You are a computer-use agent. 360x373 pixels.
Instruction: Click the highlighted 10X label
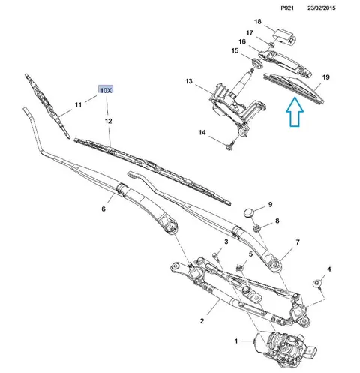pyautogui.click(x=106, y=89)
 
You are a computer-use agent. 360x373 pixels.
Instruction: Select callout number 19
pyautogui.click(x=326, y=77)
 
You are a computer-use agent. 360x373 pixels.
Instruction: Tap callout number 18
pyautogui.click(x=258, y=21)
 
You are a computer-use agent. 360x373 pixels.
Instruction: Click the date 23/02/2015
pyautogui.click(x=322, y=8)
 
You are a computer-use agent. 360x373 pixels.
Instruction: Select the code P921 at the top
pyautogui.click(x=287, y=8)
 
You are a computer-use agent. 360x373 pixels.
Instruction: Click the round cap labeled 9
pyautogui.click(x=249, y=212)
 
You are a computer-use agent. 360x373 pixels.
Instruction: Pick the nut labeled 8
pyautogui.click(x=256, y=227)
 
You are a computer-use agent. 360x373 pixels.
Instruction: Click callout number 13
pyautogui.click(x=189, y=81)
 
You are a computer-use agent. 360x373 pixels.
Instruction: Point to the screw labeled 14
pyautogui.click(x=230, y=146)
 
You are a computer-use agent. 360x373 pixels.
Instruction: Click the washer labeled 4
pyautogui.click(x=318, y=284)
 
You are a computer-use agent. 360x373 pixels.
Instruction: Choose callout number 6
pyautogui.click(x=103, y=209)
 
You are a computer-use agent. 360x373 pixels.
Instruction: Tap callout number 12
pyautogui.click(x=108, y=121)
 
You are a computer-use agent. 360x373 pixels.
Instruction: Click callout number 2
pyautogui.click(x=202, y=320)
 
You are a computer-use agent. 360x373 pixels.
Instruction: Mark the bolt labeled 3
pyautogui.click(x=215, y=256)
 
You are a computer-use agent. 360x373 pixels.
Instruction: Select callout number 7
pyautogui.click(x=298, y=242)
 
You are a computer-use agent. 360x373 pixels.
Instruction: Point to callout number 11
pyautogui.click(x=78, y=104)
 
